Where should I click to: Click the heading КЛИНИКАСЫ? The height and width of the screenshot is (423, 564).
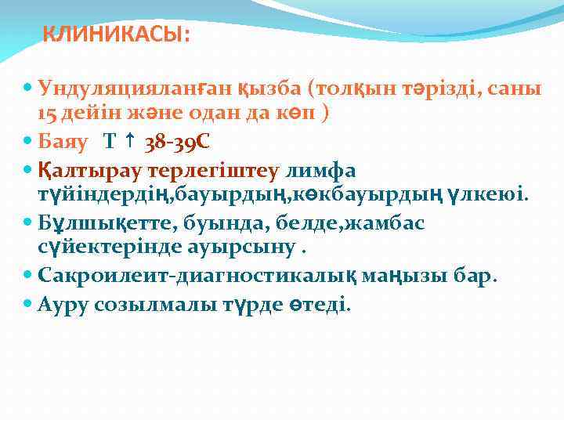click(x=115, y=35)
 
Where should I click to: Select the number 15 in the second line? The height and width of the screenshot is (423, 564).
click(x=47, y=113)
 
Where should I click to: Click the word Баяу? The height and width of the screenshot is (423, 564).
click(x=64, y=143)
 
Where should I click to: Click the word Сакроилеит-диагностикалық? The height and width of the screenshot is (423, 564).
click(x=192, y=276)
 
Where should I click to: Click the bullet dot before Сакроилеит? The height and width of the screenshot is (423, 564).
click(x=28, y=277)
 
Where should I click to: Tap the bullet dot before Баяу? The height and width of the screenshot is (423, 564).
click(x=28, y=143)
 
